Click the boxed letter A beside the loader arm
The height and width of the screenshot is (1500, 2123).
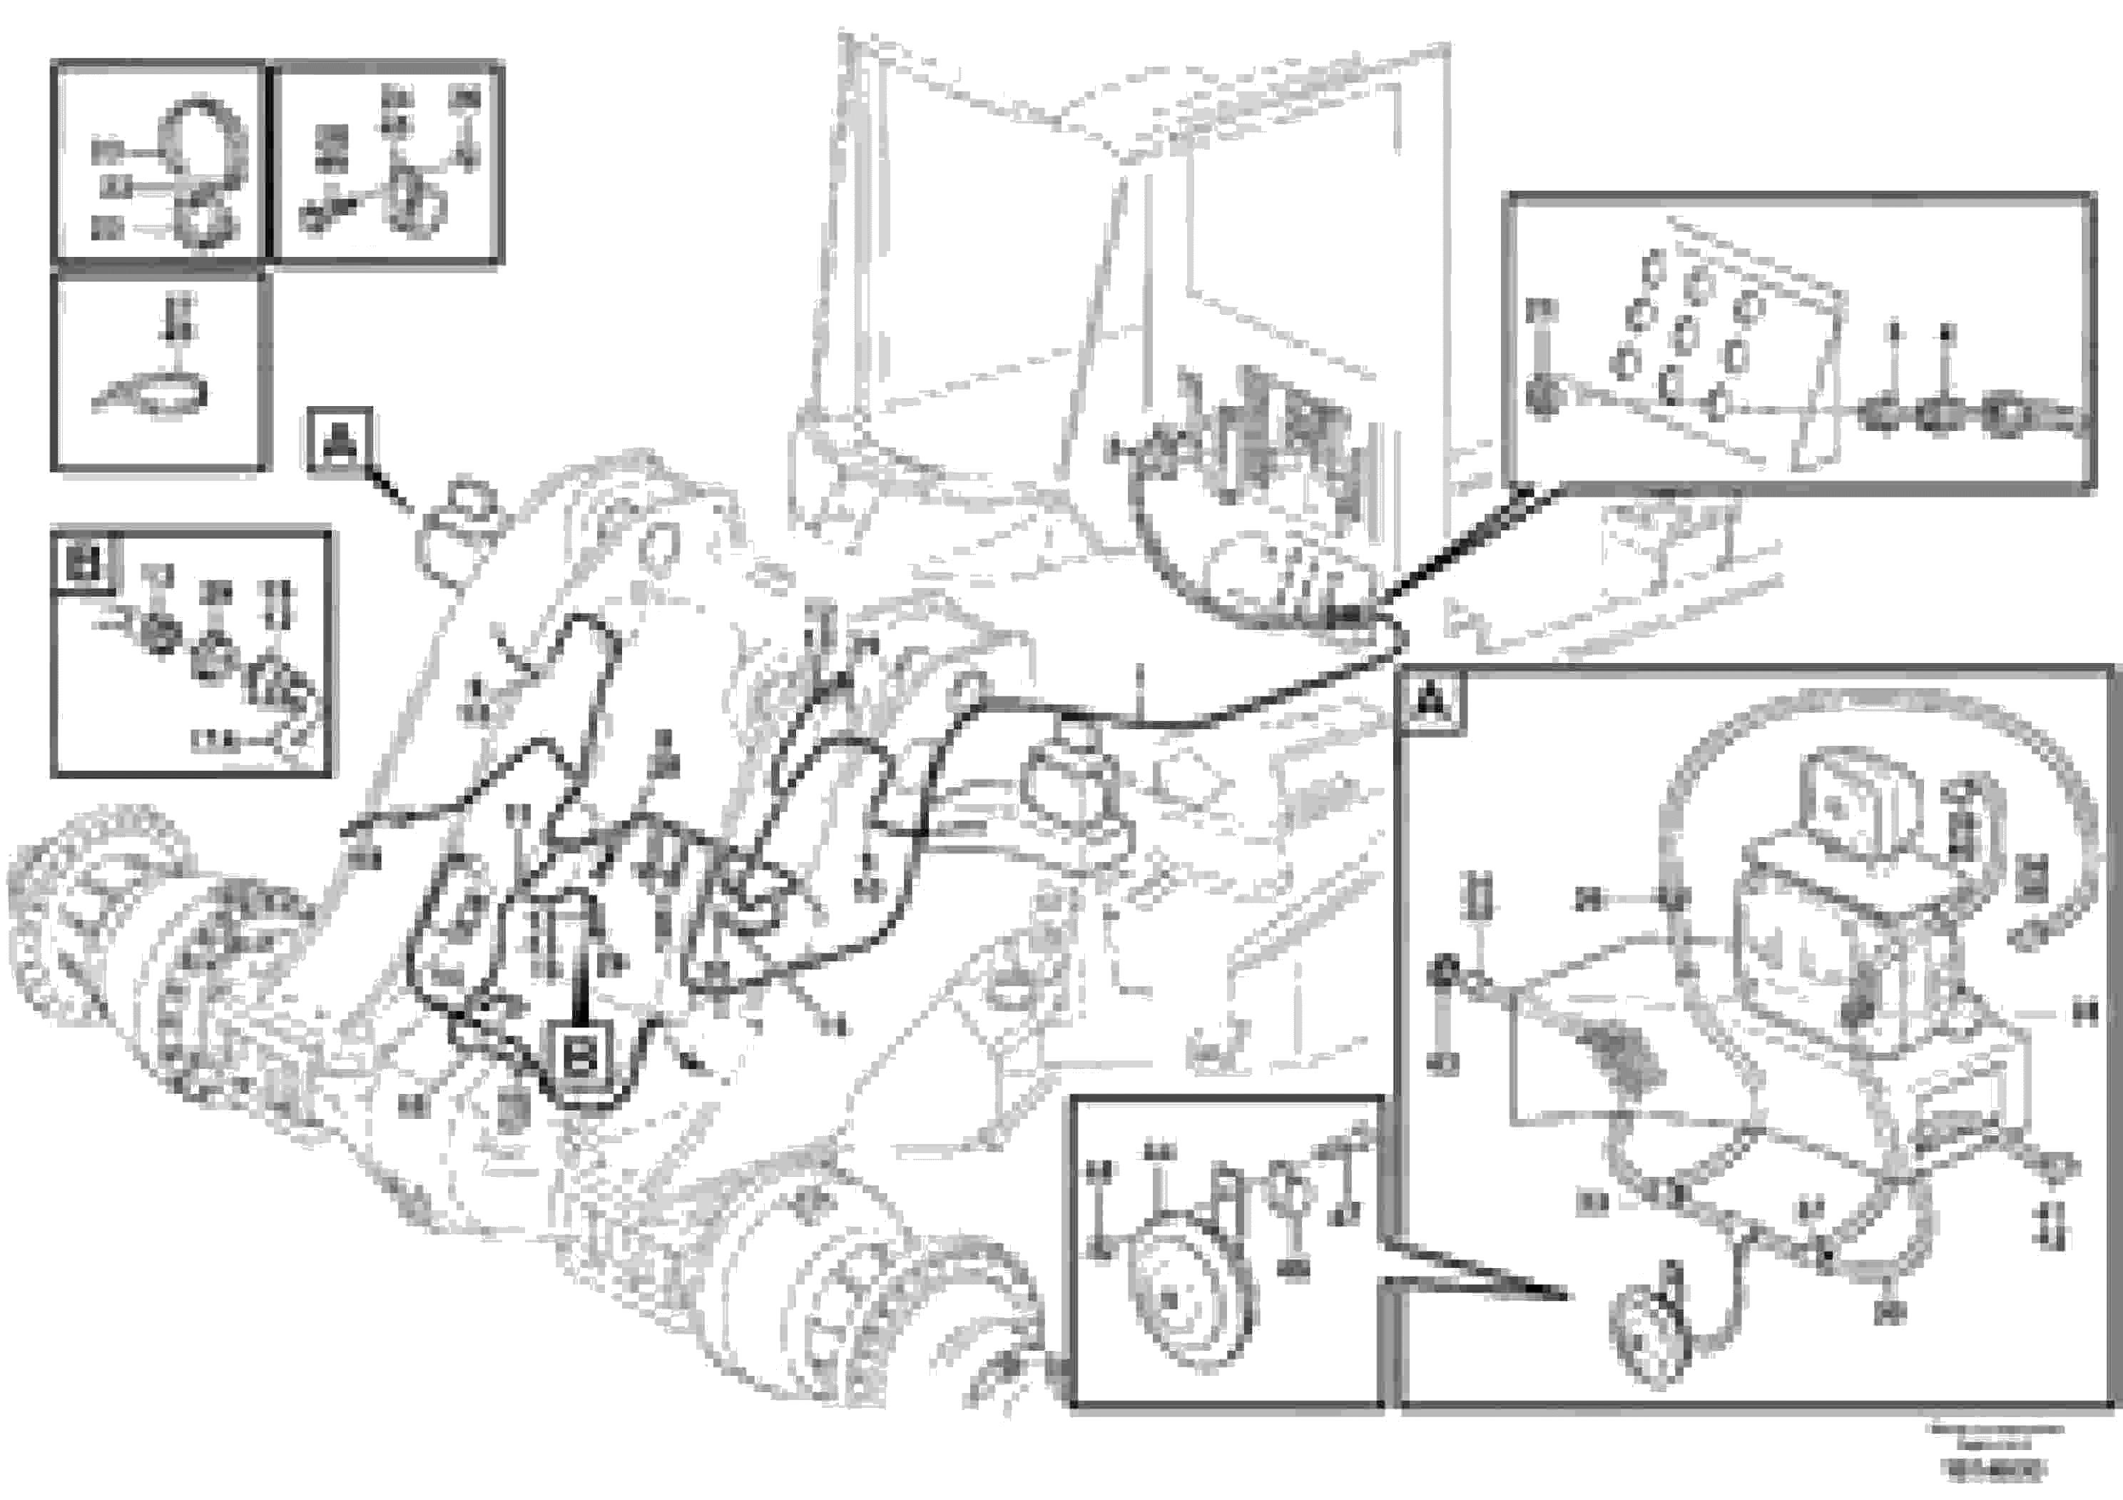coord(340,440)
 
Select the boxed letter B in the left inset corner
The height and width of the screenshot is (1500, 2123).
coord(84,562)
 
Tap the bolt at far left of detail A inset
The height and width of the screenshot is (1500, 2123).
coord(1443,972)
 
